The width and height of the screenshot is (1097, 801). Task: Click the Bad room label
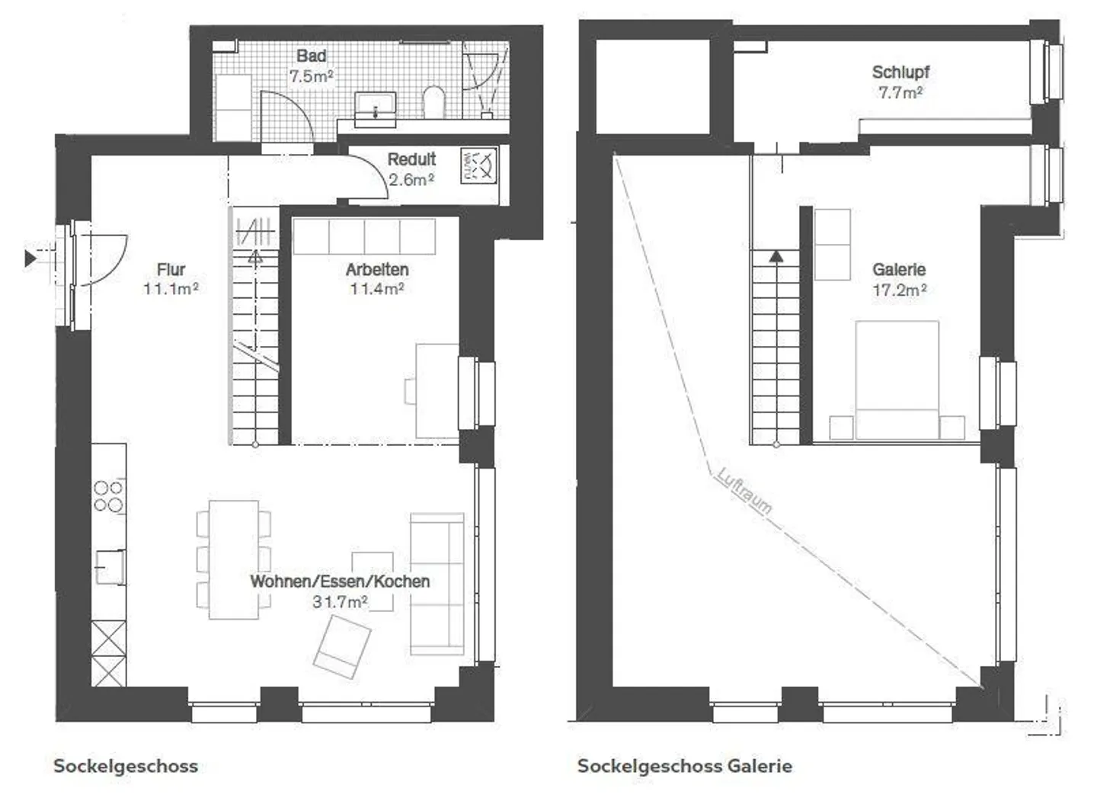coord(311,56)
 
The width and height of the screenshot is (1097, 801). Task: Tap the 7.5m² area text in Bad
coord(311,76)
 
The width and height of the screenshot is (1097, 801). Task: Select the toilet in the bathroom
coord(433,101)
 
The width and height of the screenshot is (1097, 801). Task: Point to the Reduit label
coord(411,159)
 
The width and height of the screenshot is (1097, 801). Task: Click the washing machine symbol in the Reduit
coord(478,166)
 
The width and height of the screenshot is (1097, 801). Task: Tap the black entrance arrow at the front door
coord(30,258)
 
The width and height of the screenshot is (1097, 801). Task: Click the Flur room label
coord(171,269)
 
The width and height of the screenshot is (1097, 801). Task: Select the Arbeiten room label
coord(377,269)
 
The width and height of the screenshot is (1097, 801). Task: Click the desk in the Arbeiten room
coord(437,390)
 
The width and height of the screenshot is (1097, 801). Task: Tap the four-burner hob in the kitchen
coord(109,495)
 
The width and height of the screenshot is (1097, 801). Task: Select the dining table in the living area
coord(234,559)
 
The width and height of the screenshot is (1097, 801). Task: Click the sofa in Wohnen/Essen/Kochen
coord(437,584)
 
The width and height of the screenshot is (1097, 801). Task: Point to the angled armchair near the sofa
coord(342,646)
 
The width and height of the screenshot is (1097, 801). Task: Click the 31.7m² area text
coord(340,602)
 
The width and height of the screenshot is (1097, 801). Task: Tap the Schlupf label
coord(900,72)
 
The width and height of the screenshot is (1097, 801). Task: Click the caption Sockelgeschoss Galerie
coord(684,766)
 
